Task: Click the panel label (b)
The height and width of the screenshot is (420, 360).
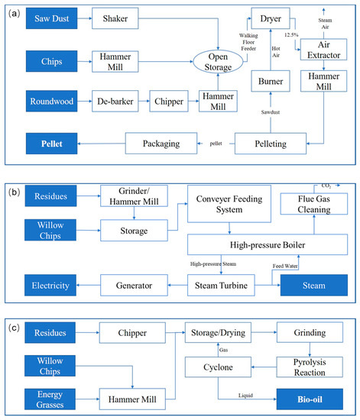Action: (14, 188)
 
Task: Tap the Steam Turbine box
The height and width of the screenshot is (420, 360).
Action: (222, 285)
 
